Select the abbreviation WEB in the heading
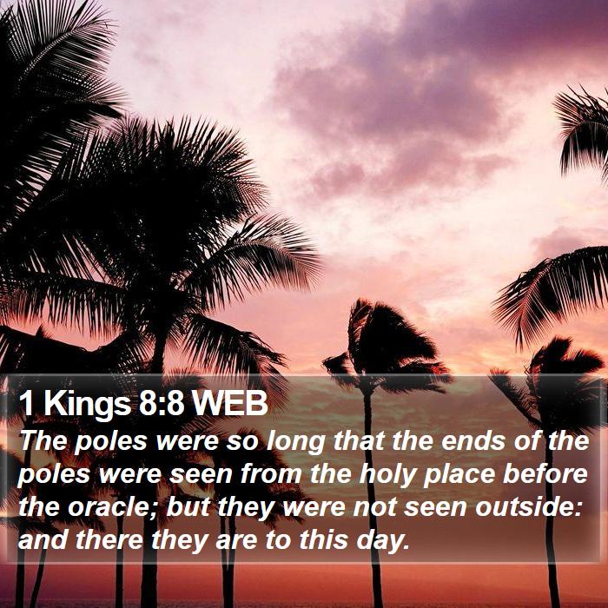click(x=230, y=402)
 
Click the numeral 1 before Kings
click(x=26, y=402)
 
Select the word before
click(x=545, y=474)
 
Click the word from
click(x=271, y=474)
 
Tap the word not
click(x=375, y=507)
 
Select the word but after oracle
click(x=188, y=506)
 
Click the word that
click(x=359, y=440)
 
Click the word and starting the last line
click(x=43, y=539)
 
